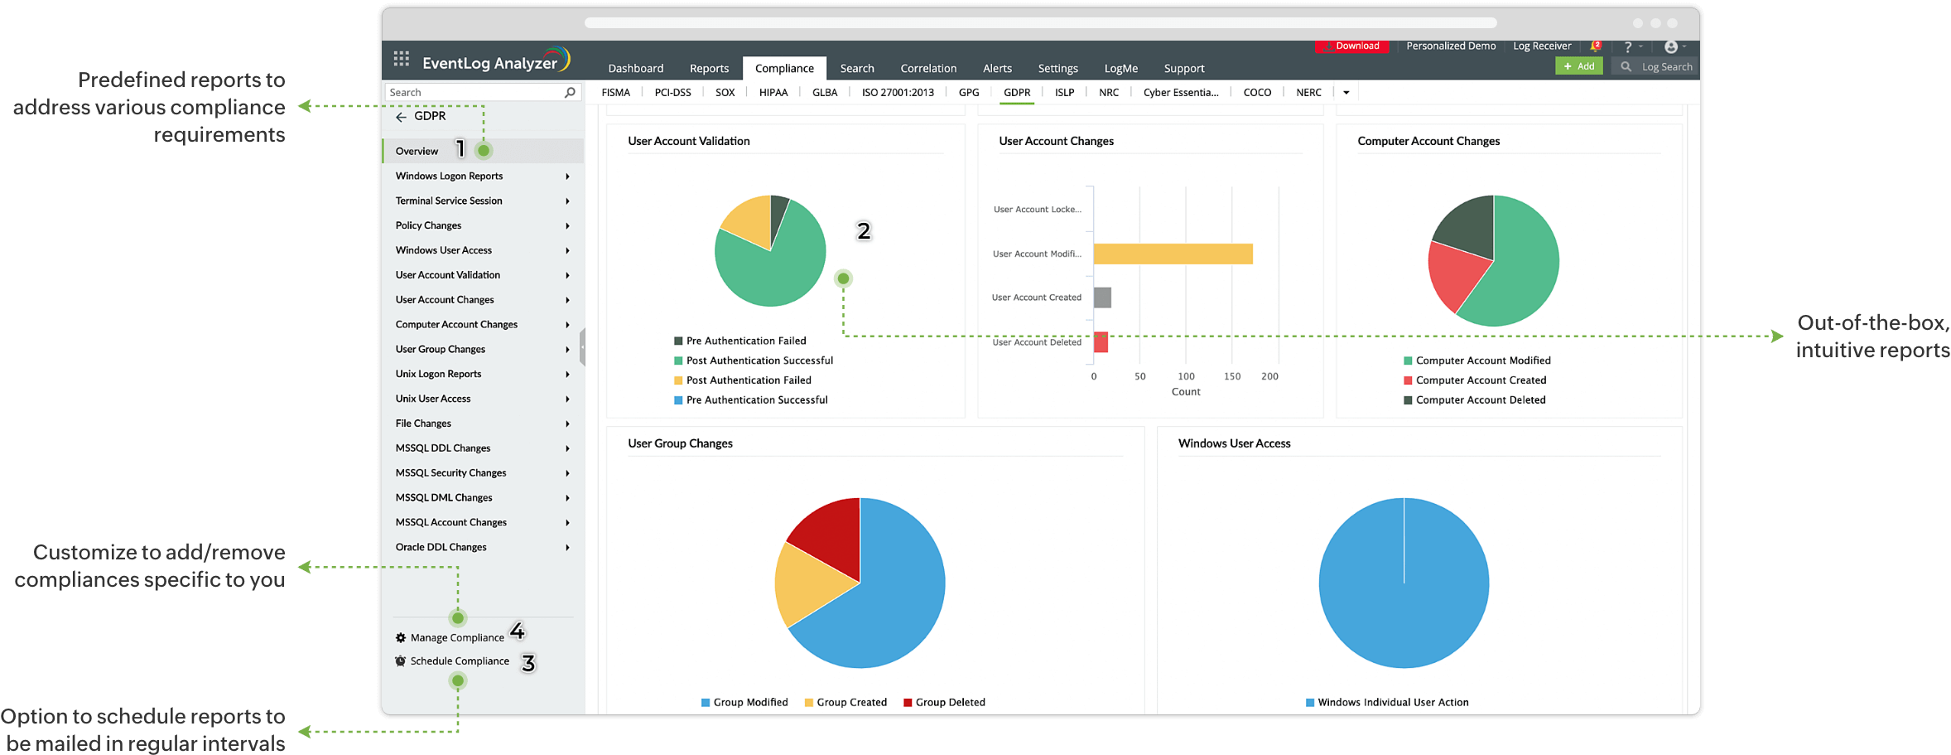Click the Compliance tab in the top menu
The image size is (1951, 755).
pos(784,68)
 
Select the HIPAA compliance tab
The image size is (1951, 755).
pos(773,92)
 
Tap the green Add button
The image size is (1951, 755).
pos(1578,66)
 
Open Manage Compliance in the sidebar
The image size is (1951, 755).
pos(456,637)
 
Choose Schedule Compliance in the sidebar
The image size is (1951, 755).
pos(459,661)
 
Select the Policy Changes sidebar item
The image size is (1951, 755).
pos(429,225)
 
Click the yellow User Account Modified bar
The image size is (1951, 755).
pos(1173,254)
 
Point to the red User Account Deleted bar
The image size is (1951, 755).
pos(1101,341)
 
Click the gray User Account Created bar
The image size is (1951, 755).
pos(1102,298)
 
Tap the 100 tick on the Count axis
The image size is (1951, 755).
pos(1186,376)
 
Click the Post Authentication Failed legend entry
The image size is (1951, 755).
pos(748,380)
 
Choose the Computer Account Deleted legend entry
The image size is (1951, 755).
pos(1480,400)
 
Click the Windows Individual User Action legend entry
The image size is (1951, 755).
pos(1392,702)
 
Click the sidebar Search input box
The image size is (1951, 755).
pos(474,92)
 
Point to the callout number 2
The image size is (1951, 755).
pos(864,230)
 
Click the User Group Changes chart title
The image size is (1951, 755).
pos(680,443)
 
